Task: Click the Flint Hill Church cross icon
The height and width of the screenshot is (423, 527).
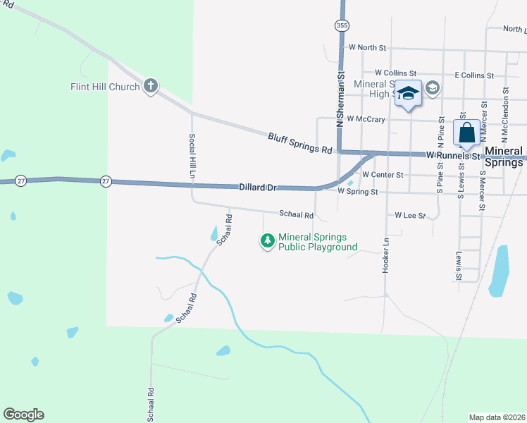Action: [150, 86]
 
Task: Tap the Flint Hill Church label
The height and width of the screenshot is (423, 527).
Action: [106, 87]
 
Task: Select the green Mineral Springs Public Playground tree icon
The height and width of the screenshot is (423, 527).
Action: [267, 241]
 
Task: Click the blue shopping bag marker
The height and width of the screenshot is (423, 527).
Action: [466, 133]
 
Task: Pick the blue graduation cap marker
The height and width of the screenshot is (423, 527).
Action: [408, 94]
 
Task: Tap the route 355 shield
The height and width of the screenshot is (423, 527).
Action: [342, 25]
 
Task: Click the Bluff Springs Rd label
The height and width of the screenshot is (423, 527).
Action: [299, 142]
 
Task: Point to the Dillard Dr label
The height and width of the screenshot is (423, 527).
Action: [256, 188]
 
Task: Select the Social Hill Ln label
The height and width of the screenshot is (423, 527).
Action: [192, 157]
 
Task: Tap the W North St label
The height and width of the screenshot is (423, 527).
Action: [368, 48]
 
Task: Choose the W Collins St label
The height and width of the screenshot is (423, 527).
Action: [396, 73]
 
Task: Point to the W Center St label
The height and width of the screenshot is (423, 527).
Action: [382, 174]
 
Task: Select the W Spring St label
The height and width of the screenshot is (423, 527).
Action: [358, 191]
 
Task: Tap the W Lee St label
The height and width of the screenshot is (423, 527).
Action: [410, 215]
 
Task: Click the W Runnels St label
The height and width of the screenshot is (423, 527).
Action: [452, 154]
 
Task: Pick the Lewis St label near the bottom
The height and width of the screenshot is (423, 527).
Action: [459, 266]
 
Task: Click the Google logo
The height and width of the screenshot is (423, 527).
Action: [24, 415]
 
